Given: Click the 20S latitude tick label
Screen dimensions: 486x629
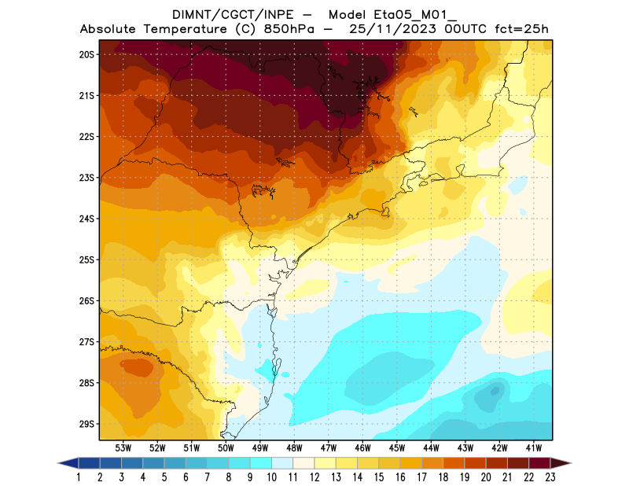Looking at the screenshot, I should (x=86, y=54).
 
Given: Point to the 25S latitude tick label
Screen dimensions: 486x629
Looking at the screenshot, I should (x=86, y=260).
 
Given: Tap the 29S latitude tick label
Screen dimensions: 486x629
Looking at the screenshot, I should (x=86, y=424).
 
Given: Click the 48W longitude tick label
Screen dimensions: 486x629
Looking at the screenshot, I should (x=295, y=447).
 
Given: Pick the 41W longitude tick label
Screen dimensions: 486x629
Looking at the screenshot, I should (x=535, y=447).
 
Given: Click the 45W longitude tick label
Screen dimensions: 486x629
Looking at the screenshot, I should (x=397, y=447).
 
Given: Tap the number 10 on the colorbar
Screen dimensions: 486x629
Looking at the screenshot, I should (x=271, y=477).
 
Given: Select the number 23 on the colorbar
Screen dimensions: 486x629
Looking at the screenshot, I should (x=550, y=477).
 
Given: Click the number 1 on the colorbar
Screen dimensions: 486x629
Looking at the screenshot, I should (x=79, y=477).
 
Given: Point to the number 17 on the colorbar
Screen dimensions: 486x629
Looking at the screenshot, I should (x=421, y=477).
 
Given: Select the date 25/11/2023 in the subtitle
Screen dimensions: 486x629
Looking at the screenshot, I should (x=409, y=30).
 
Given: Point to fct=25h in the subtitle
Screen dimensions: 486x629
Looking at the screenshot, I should (x=521, y=30).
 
